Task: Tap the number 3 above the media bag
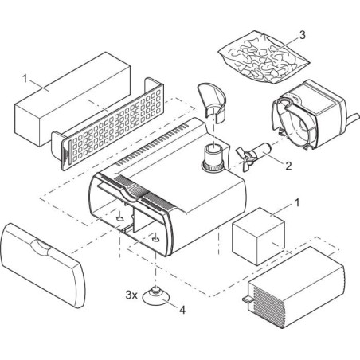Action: [302, 35]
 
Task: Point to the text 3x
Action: [132, 294]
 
